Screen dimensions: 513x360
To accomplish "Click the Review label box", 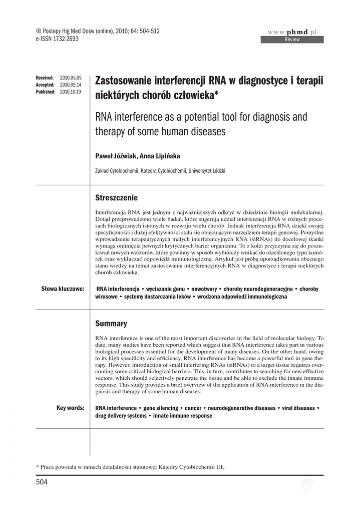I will (x=291, y=40).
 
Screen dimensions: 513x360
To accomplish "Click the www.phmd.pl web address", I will (x=292, y=32).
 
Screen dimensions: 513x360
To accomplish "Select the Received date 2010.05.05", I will (x=71, y=78).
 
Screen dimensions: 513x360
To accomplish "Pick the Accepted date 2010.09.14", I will (x=71, y=85).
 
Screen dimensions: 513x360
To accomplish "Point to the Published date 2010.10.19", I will (x=71, y=92).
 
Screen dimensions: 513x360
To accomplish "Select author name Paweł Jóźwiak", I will (x=115, y=156).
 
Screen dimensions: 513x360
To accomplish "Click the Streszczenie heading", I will (x=116, y=197).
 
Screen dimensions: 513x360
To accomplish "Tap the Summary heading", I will (x=111, y=324).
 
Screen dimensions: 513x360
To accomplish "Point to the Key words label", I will (x=71, y=408).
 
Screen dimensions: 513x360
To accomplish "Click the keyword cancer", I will (x=193, y=408).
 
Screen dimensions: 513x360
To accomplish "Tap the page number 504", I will (x=42, y=482).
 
